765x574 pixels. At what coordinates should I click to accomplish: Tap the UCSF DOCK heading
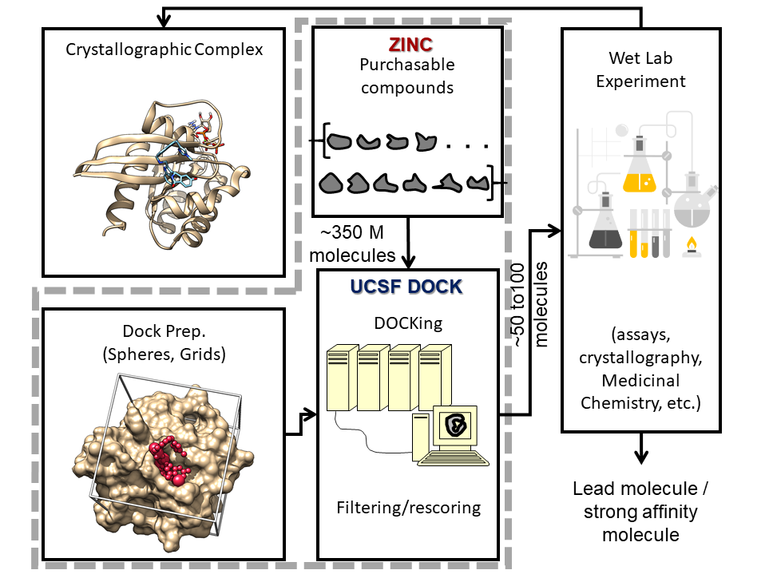tap(406, 286)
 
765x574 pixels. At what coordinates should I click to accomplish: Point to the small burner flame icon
tap(689, 244)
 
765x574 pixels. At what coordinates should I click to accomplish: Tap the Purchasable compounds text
tap(407, 75)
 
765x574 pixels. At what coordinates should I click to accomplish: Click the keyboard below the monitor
tap(454, 458)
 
